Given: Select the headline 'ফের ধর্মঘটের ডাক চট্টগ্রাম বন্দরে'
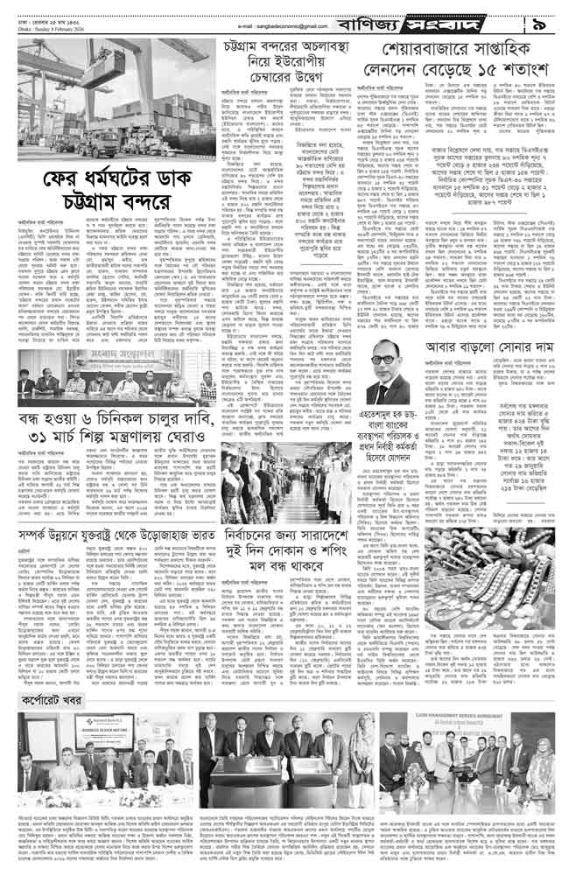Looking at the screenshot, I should [114, 207].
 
